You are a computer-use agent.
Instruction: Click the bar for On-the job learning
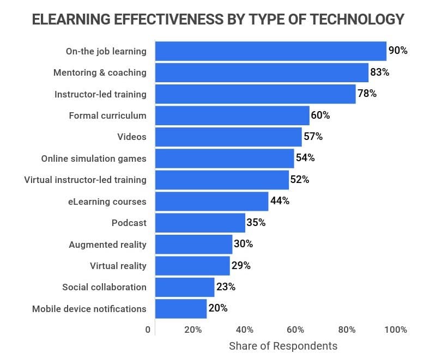coord(270,51)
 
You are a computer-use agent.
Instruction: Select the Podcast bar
coord(200,223)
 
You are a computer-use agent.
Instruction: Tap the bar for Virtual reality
coord(192,266)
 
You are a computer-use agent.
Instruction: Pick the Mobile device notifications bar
coord(181,309)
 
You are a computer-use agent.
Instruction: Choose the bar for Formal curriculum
coord(232,115)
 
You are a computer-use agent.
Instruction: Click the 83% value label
coord(380,72)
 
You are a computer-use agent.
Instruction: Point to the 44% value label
coord(280,201)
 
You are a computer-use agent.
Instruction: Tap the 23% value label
coord(226,287)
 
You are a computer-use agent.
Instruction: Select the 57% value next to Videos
coord(313,137)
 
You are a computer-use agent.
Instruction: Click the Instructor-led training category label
coord(100,94)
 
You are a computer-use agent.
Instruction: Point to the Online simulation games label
coord(94,158)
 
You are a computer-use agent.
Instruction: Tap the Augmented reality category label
coord(107,245)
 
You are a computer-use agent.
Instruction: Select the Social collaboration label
coord(104,287)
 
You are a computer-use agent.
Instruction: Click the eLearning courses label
coord(107,202)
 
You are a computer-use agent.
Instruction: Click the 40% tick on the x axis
coord(245,330)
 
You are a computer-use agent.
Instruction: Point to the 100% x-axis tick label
coord(395,330)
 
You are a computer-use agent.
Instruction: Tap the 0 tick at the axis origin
coord(148,330)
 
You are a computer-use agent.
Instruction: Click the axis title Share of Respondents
coord(283,346)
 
